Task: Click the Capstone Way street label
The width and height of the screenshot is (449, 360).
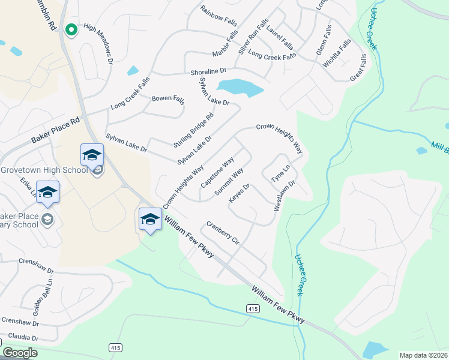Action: tap(217, 174)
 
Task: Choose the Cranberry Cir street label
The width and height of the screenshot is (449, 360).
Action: tap(223, 233)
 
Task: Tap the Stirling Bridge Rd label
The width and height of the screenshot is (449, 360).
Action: tap(193, 131)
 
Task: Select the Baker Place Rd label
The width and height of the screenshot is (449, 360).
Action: tap(55, 130)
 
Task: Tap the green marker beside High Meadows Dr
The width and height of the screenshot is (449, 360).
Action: tap(71, 29)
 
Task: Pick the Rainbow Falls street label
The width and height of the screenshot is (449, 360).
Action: tap(218, 16)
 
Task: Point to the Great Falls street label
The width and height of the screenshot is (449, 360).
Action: tap(358, 68)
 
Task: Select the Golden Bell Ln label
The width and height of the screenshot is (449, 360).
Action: tap(43, 297)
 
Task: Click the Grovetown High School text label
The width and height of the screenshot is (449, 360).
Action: tap(44, 170)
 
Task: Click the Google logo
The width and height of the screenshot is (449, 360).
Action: tap(20, 352)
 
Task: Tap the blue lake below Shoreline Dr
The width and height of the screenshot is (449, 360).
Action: tap(240, 88)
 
